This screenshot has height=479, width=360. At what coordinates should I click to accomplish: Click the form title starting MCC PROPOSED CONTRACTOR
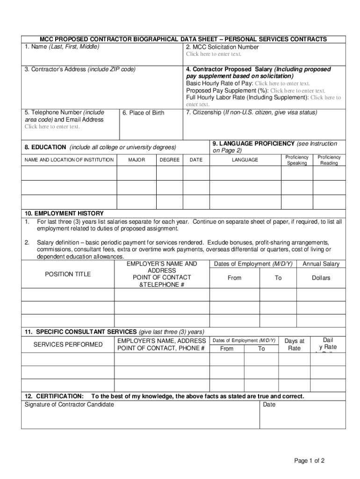(183, 39)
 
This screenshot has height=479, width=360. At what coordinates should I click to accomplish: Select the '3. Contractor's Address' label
(80, 69)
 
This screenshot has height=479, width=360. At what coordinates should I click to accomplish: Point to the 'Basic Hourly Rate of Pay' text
(219, 83)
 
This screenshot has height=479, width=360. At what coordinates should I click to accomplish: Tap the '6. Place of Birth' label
(143, 113)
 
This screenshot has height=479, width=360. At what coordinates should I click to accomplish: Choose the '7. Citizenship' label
(252, 112)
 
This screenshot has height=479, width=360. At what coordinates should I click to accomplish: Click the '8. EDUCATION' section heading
(100, 147)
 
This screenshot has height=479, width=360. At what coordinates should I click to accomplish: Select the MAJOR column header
(137, 160)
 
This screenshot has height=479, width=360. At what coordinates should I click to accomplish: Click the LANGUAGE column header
(245, 160)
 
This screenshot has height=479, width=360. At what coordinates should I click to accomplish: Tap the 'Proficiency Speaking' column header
(297, 160)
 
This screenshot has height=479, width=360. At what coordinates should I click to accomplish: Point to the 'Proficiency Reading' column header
(329, 160)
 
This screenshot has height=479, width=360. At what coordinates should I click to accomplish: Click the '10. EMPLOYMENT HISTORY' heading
(64, 213)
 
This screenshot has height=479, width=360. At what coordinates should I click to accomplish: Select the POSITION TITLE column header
(68, 274)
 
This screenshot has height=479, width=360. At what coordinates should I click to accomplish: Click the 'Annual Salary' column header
(321, 264)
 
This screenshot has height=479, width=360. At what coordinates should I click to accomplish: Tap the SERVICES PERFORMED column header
(68, 345)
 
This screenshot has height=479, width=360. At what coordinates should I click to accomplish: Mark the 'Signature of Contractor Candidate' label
(69, 404)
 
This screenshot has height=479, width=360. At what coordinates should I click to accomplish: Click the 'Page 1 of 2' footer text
(309, 461)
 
